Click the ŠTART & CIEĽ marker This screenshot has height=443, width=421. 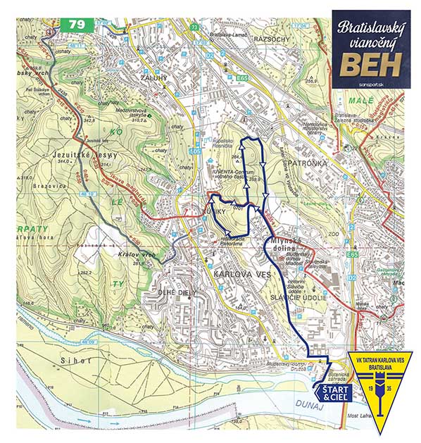click(331, 393)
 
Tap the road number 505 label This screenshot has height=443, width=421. click(195, 151)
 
